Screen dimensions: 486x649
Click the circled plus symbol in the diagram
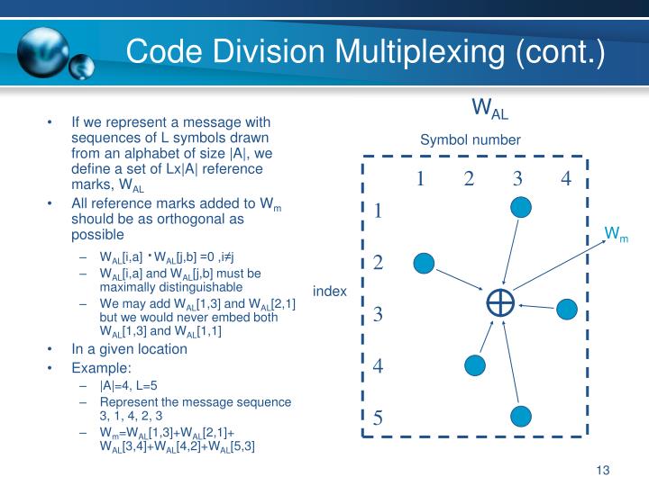click(x=499, y=303)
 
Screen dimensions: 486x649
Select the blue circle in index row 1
click(x=521, y=208)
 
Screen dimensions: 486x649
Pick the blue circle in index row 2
click(x=424, y=264)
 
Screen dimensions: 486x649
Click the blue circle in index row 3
click(x=567, y=310)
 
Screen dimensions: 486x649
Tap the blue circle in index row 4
click(x=474, y=364)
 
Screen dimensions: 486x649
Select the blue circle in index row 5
click(x=521, y=416)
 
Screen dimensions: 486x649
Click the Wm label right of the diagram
click(x=616, y=236)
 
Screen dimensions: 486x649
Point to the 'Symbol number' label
click(x=470, y=139)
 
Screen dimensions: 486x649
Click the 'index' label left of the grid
click(x=330, y=291)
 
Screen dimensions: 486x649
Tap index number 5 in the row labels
click(x=379, y=418)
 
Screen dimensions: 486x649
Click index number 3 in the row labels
click(x=379, y=315)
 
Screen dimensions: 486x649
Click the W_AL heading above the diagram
click(x=490, y=110)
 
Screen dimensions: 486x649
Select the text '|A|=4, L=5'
click(x=129, y=385)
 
